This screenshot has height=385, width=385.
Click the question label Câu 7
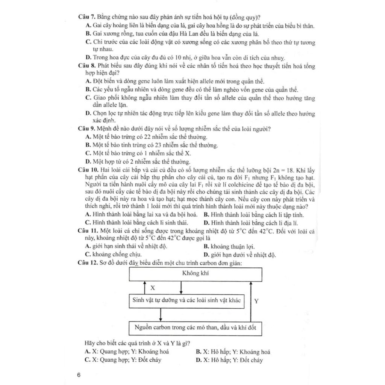pos(87,17)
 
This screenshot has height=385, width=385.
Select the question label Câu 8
pos(87,65)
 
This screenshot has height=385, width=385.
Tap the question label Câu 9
pos(87,129)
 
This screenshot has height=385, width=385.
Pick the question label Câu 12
pos(88,263)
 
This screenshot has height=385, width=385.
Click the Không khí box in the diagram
pos(195,274)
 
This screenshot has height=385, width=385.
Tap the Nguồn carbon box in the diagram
pos(195,327)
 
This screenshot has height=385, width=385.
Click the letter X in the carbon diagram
pos(153,288)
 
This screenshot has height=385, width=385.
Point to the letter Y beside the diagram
pos(256,301)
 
